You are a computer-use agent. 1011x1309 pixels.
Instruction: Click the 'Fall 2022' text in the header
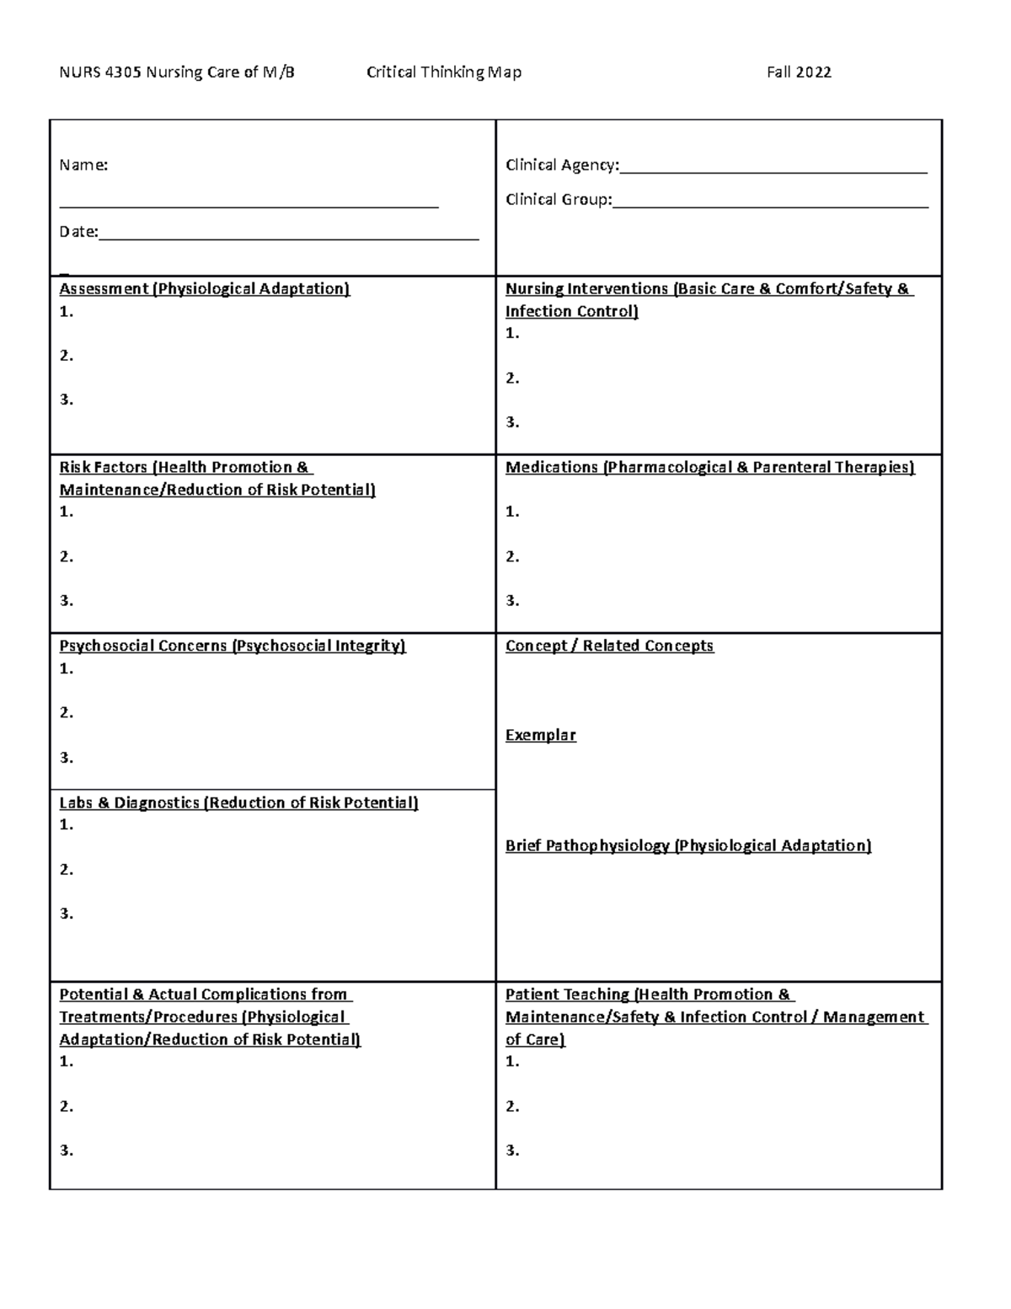798,72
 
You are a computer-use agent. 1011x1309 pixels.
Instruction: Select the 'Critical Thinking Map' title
443,72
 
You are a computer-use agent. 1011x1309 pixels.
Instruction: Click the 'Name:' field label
83,165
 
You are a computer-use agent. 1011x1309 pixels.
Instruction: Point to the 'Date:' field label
78,232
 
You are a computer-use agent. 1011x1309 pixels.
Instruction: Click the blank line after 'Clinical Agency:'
773,167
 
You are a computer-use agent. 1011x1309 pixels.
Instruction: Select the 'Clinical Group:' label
558,200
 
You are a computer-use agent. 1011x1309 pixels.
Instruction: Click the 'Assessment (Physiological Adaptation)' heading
204,289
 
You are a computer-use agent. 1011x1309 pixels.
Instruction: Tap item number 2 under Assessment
67,356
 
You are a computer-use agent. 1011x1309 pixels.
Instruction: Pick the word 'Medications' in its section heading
551,468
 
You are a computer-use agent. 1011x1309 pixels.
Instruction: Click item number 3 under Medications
512,601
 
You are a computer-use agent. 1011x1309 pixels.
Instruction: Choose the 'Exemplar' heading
540,735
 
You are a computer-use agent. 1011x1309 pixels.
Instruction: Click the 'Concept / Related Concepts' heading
609,646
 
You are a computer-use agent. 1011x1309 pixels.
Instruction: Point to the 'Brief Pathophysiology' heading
587,845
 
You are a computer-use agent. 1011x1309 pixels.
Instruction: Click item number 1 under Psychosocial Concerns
67,668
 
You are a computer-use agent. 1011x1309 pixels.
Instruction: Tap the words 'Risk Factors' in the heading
104,468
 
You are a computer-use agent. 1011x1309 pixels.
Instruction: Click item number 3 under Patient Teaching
512,1151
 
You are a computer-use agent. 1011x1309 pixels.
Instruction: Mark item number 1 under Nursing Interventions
512,334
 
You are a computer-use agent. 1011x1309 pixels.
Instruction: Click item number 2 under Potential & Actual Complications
67,1106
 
